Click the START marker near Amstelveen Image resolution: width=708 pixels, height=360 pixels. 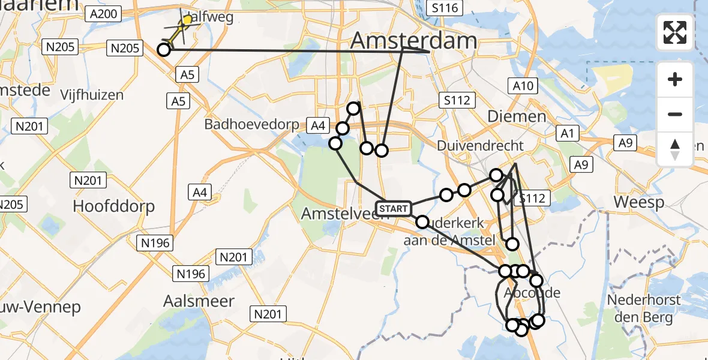(394, 208)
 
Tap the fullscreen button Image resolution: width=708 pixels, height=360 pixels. (675, 32)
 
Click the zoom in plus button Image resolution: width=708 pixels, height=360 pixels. (675, 79)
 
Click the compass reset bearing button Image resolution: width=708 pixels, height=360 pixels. (675, 149)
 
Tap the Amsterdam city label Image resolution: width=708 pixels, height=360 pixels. (413, 41)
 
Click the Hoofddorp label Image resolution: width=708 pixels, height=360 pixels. (113, 206)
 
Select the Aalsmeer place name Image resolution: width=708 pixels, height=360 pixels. (199, 301)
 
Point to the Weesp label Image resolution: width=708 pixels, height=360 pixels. (638, 202)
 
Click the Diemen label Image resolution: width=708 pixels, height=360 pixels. (508, 116)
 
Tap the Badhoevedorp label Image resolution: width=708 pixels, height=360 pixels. (251, 124)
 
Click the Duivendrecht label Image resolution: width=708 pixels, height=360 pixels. (480, 145)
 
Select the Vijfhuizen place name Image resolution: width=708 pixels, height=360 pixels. (92, 94)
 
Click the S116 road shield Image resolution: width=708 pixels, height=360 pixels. (444, 8)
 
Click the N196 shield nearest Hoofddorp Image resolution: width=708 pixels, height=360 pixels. (155, 242)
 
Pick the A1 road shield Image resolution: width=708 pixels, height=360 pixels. (568, 133)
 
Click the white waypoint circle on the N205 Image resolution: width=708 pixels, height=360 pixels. (163, 50)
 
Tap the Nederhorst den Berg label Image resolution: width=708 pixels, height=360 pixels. (644, 308)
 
